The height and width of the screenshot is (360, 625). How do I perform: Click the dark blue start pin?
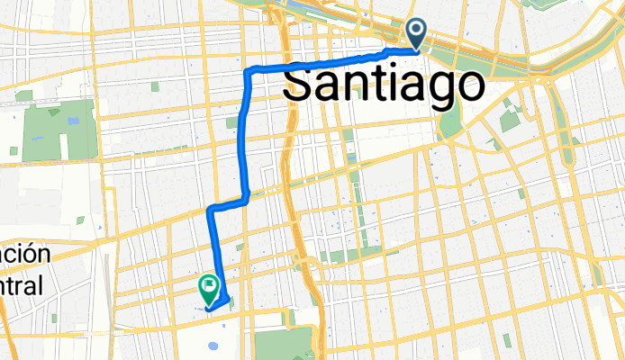(x=417, y=33)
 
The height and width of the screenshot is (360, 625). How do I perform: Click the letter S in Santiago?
(x=300, y=87)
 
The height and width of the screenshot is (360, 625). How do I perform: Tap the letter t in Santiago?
(x=379, y=87)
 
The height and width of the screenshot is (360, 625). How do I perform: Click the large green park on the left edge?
(x=59, y=131)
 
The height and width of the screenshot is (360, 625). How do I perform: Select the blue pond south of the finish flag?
(x=213, y=345)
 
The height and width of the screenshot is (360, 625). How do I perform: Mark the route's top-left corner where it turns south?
(x=250, y=69)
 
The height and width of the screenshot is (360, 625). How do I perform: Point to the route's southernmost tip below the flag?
(x=209, y=310)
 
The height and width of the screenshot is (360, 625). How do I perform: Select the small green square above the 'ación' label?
(x=79, y=220)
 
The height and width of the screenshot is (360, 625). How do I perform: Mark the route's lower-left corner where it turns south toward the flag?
(x=210, y=210)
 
